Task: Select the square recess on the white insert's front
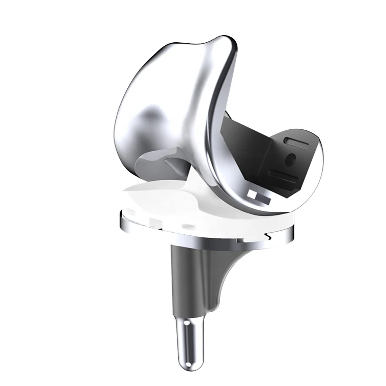(153, 220)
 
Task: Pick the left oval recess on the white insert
(132, 214)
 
